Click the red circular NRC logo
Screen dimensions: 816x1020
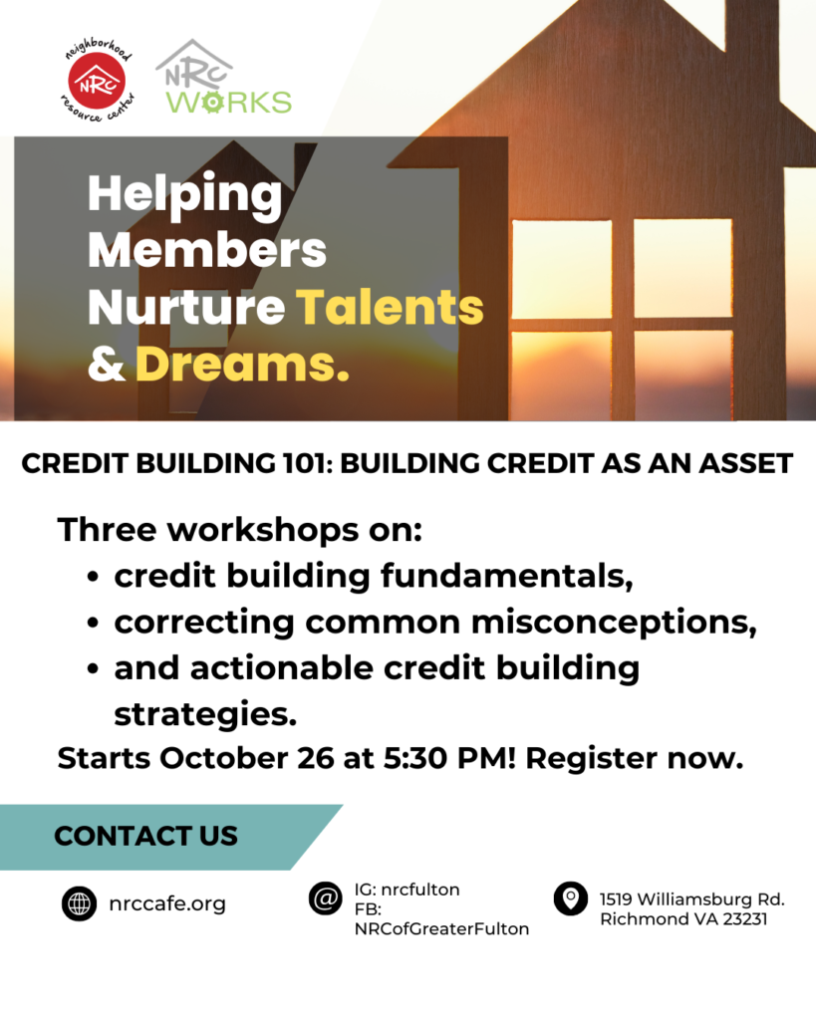coord(97,81)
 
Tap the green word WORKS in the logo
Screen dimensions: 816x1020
coord(228,103)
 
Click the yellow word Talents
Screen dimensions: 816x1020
coord(391,307)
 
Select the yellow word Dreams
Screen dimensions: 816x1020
coord(242,364)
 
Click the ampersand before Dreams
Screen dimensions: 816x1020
coord(106,364)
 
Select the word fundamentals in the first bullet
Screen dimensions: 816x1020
coord(506,576)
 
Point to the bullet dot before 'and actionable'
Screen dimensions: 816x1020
coord(93,668)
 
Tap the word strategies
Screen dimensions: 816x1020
coord(205,714)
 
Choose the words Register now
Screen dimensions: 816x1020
coord(635,758)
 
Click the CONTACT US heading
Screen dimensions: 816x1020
coord(145,836)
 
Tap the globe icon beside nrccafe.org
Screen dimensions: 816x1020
coord(80,903)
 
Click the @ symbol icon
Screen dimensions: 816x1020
coord(326,898)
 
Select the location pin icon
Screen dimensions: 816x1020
coord(571,898)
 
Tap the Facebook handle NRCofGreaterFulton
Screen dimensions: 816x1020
coord(441,929)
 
